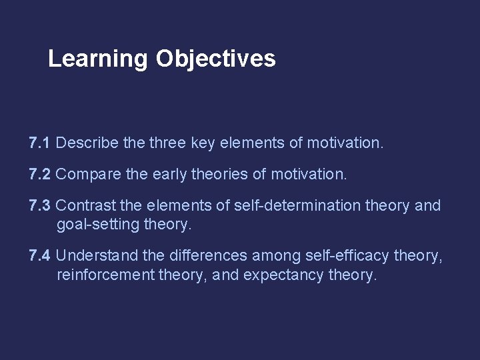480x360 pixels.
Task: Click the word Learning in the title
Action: point(98,59)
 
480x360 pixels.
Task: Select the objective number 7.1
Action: point(40,142)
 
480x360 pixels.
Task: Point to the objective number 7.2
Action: point(40,174)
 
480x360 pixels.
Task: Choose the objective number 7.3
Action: point(40,205)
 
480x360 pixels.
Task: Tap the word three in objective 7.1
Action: point(165,142)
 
